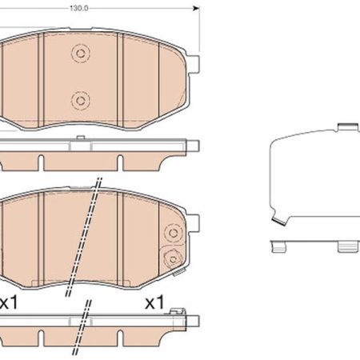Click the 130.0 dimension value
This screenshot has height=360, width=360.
(79, 8)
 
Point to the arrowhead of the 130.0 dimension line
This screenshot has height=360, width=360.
(196, 8)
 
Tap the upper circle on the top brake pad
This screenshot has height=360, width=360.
(80, 54)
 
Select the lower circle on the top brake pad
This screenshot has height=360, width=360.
(80, 101)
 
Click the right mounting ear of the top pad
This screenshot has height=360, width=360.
(193, 64)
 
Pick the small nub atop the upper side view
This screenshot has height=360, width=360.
(80, 138)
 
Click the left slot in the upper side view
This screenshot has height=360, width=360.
(41, 162)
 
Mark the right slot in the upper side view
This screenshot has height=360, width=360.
(120, 162)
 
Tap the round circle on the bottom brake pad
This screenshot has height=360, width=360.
(174, 233)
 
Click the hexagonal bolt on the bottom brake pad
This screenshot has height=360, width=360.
(173, 259)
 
